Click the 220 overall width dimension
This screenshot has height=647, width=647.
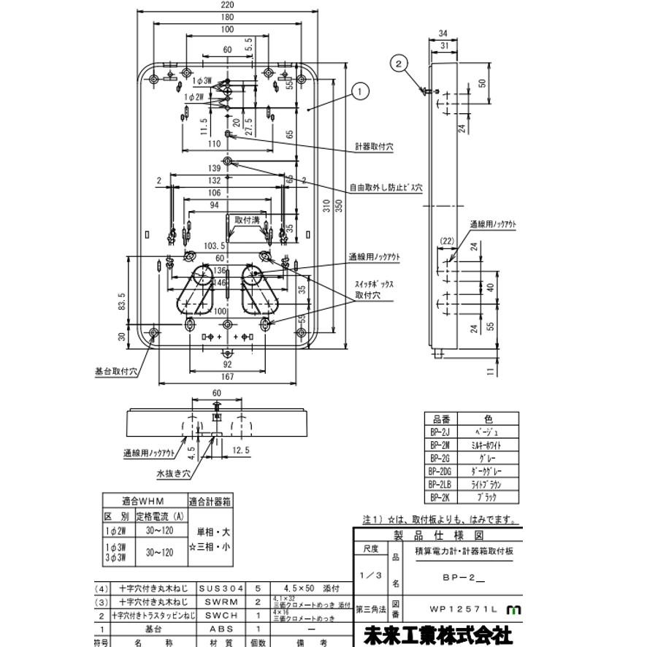point(228,5)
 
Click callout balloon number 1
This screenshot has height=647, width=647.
point(359,91)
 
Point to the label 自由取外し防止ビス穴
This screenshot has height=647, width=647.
point(385,188)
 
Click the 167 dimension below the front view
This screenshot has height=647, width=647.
point(228,378)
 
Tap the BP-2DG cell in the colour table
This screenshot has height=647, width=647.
point(440,471)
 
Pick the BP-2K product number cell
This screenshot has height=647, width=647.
point(440,497)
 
